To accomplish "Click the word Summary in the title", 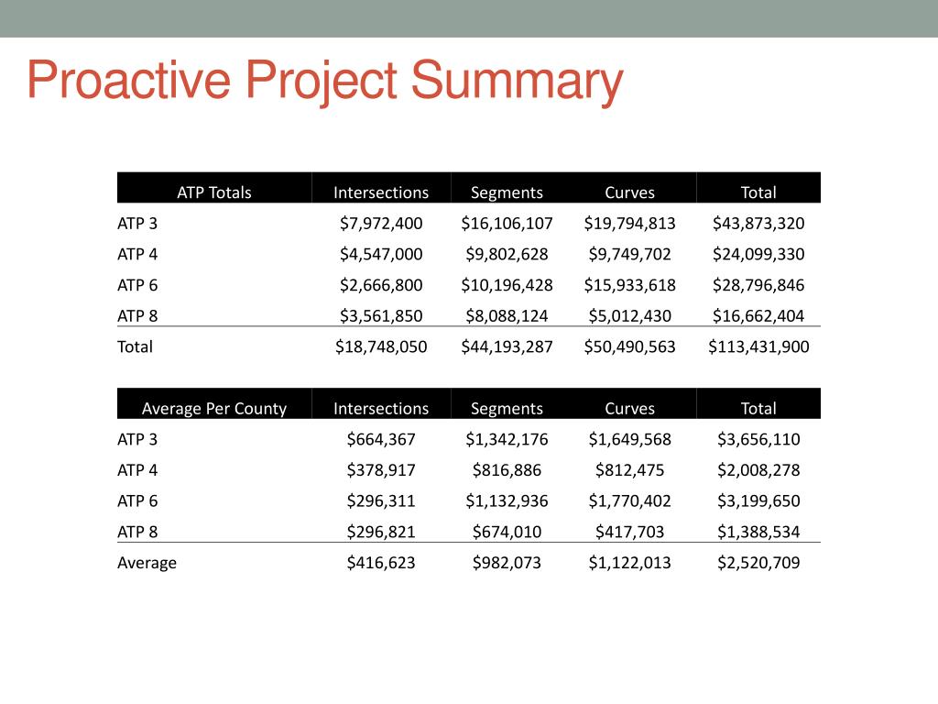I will (517, 82).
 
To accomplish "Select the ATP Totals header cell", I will (213, 192).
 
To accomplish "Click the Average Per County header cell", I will (213, 409).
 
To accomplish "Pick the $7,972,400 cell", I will (381, 223).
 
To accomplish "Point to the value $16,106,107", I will (507, 223).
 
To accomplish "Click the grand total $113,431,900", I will (758, 347).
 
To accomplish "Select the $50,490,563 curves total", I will (629, 347).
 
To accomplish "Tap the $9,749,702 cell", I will (629, 254).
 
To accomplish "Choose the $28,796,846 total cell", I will (758, 285).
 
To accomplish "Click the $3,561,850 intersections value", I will (381, 316).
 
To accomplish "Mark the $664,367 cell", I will (381, 439).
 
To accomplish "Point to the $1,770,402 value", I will (629, 501).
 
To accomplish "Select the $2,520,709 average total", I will (758, 563).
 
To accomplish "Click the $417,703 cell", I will (629, 533).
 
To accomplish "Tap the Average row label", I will (147, 563).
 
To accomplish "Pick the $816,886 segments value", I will (507, 470).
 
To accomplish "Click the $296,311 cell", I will (381, 501).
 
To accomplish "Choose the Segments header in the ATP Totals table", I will (507, 192).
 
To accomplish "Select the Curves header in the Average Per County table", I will (629, 409).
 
